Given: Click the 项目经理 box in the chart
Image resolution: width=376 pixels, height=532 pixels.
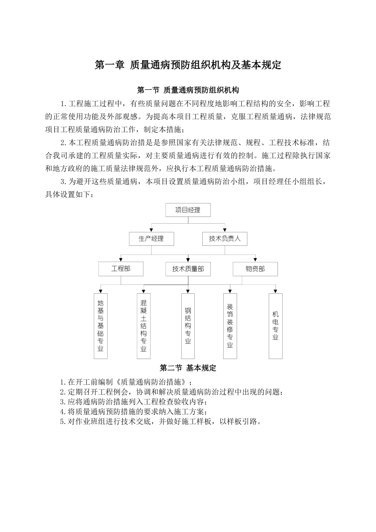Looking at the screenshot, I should pos(188,210).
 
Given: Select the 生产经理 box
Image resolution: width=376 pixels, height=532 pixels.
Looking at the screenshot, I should pos(151,239).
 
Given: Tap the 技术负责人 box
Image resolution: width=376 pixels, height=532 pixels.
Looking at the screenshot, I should pos(224,239).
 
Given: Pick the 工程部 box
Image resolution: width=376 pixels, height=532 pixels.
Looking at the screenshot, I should pos(121,269).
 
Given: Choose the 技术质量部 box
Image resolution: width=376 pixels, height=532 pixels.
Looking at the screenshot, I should pos(188,269).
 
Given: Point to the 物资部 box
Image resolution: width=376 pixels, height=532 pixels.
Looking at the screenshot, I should pos(255,269).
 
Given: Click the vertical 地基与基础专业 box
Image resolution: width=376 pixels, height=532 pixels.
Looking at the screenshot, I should pos(101,326).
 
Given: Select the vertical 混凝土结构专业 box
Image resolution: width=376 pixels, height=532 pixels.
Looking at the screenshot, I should pos(143,326).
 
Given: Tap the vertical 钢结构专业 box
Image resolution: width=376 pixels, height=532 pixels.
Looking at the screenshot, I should pos(188,326).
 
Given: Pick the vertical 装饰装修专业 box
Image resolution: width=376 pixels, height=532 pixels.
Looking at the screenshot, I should pos(230,326).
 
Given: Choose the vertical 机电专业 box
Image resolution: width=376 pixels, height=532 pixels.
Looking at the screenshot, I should pos(275,326).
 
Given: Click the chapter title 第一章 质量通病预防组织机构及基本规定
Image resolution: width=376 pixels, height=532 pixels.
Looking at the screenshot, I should pos(188,65).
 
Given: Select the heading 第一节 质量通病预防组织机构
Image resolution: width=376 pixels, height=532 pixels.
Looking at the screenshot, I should pos(188,90).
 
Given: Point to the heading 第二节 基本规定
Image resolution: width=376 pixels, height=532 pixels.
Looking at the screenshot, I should pos(188,368).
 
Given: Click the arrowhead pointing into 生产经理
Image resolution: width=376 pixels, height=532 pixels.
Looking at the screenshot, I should pos(151,230).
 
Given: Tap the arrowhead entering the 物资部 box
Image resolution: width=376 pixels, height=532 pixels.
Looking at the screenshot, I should pos(255,260).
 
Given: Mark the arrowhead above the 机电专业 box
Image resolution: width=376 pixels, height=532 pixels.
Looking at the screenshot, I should pos(275,291).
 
